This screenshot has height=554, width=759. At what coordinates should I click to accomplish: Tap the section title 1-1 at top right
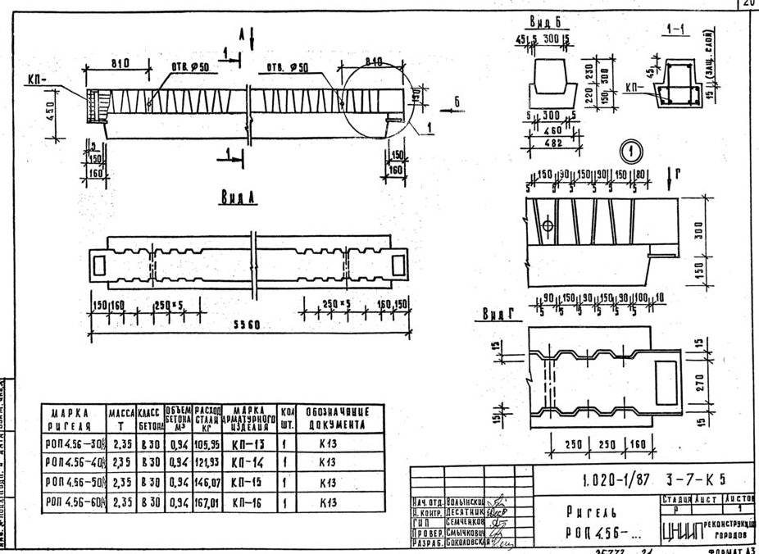point(677,30)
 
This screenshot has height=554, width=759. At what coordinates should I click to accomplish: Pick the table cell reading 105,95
point(208,445)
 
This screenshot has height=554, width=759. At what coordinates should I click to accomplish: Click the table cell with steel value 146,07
point(208,484)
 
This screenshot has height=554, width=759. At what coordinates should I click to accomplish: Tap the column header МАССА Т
point(121,418)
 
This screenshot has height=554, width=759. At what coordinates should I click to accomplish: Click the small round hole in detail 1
point(548,225)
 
